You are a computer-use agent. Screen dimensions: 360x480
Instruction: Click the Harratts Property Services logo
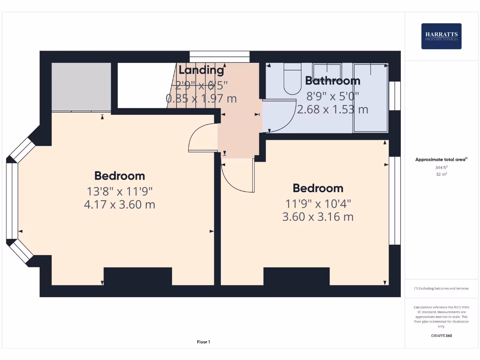tap(441, 36)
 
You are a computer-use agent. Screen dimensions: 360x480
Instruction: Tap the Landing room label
tap(202, 70)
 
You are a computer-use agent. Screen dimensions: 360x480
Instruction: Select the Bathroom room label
tap(332, 81)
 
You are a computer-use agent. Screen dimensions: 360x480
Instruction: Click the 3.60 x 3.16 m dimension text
tap(318, 217)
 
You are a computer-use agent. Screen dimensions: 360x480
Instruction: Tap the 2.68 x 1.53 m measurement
tap(332, 110)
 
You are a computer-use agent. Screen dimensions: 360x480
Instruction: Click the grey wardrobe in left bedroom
tap(81, 87)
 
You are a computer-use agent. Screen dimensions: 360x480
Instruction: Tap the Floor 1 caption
tap(203, 342)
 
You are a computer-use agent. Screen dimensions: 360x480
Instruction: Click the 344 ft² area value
tap(441, 167)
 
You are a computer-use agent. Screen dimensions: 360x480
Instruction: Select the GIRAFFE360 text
tap(441, 336)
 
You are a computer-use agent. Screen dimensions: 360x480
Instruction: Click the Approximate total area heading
tap(441, 159)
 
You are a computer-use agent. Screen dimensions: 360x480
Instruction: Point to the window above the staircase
tap(219, 54)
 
